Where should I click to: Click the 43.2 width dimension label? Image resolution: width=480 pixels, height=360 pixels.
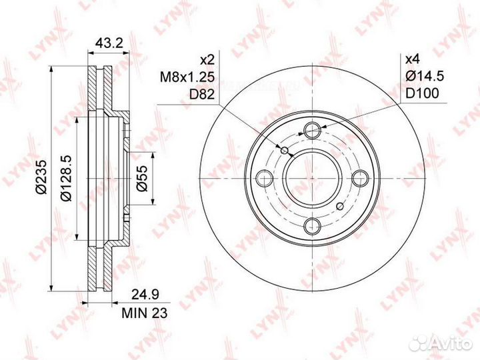(x=109, y=43)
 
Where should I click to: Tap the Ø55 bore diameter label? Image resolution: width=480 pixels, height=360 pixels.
(x=142, y=179)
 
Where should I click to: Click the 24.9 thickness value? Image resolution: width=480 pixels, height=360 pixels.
(x=145, y=295)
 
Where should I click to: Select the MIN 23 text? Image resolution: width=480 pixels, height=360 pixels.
(x=145, y=313)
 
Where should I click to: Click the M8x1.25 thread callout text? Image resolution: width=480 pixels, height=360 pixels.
(x=187, y=77)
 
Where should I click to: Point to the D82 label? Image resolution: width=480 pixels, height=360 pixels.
(x=202, y=94)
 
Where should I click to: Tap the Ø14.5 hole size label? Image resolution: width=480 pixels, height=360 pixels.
(x=425, y=76)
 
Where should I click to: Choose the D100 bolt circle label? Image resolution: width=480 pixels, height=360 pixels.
(x=422, y=93)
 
